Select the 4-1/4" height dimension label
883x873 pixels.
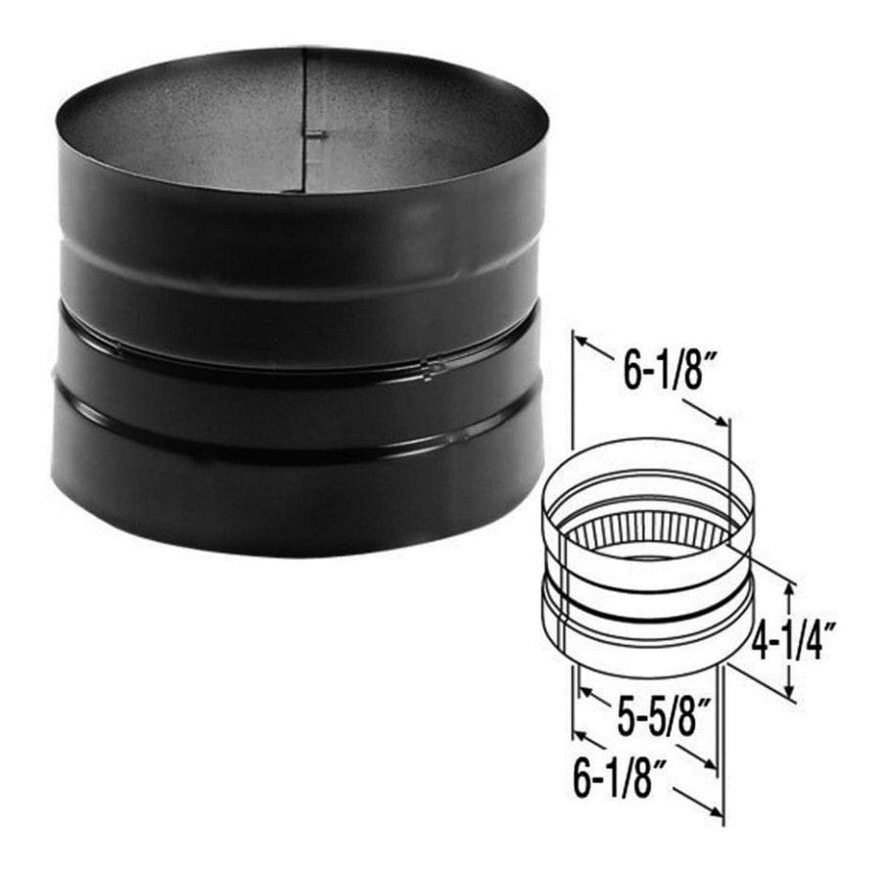tap(793, 640)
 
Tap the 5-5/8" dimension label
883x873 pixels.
tap(662, 716)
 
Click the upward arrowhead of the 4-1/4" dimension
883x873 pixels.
tap(791, 590)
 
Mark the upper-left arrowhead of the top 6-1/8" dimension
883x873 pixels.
tap(581, 342)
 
